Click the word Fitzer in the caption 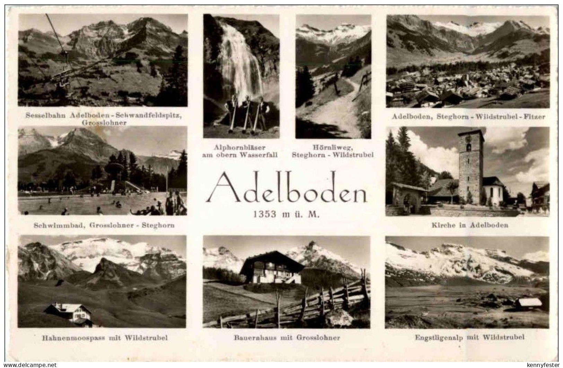(536, 117)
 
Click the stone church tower (470, 166)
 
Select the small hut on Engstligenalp (528, 303)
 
